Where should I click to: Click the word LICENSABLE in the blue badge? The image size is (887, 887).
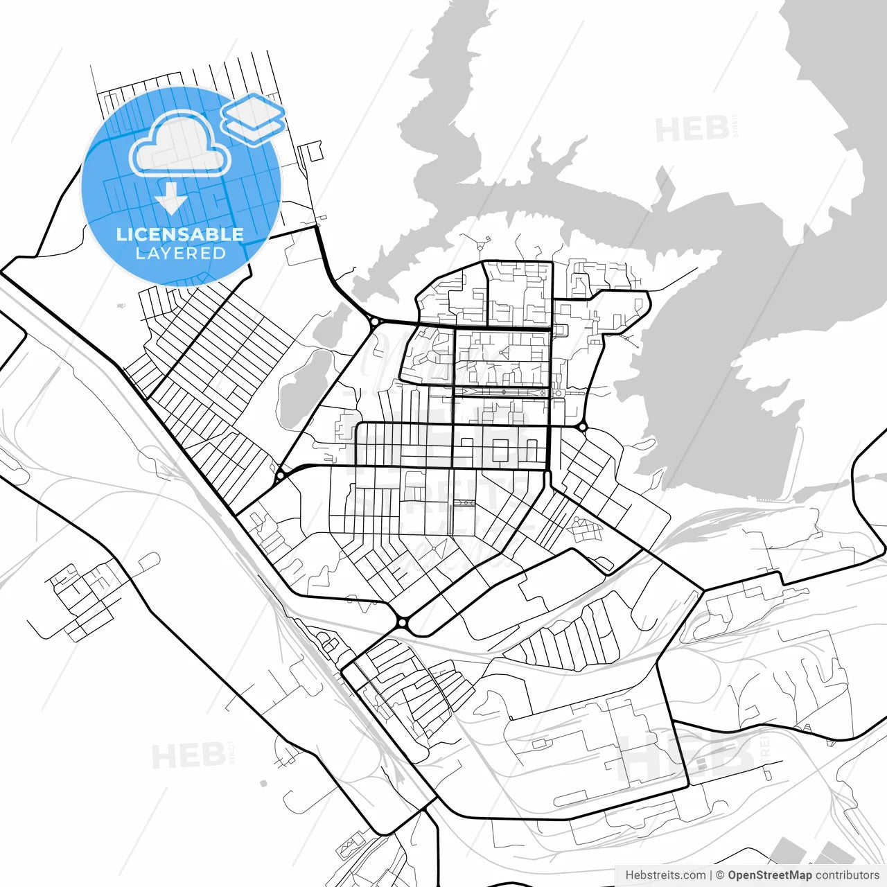point(180,234)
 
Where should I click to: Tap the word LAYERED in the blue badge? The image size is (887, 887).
point(180,253)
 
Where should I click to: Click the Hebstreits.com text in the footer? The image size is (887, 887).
point(665,875)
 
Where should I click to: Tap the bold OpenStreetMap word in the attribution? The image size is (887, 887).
point(770,875)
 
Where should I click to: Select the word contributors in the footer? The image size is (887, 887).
point(847,875)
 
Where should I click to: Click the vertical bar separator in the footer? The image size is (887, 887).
point(712,875)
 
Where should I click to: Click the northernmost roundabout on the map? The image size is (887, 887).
point(374,322)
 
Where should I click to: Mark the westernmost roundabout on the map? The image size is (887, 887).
point(281,475)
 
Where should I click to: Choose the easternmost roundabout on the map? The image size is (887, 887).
point(583,428)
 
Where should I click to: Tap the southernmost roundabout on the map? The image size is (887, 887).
point(402,623)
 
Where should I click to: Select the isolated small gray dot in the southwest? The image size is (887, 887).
point(263,784)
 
